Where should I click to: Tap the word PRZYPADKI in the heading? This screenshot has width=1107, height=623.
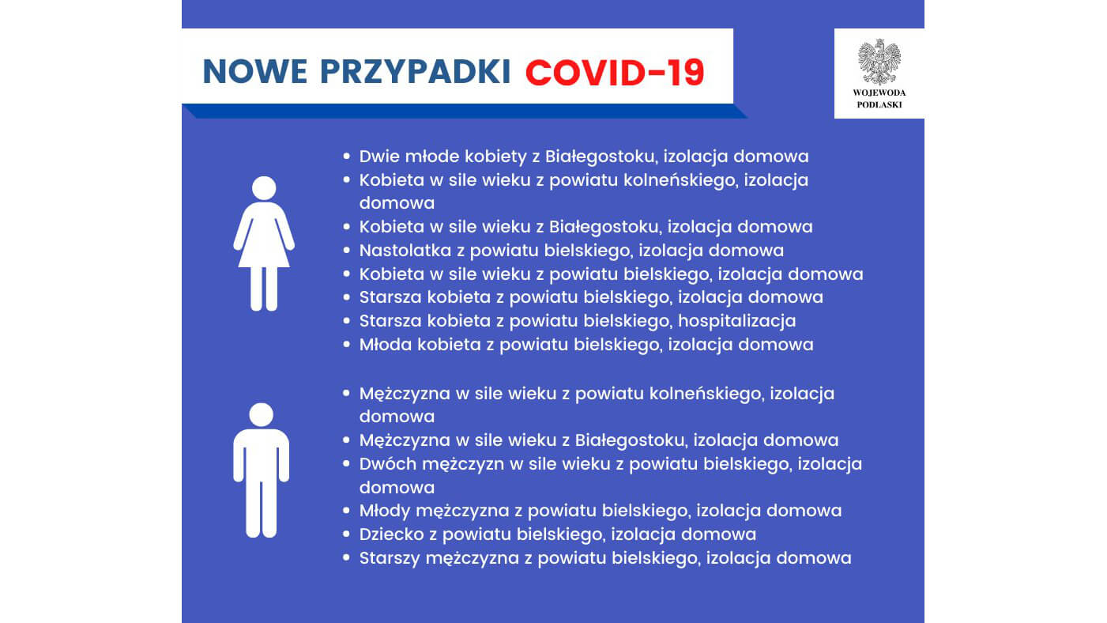[x=416, y=72]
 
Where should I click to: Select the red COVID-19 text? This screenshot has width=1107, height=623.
[x=614, y=72]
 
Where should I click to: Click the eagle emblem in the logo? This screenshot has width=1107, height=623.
[x=879, y=62]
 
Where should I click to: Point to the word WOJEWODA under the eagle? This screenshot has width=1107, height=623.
[x=879, y=93]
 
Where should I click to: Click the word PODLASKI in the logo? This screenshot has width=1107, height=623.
[x=879, y=104]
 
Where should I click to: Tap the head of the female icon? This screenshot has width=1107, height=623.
[x=264, y=188]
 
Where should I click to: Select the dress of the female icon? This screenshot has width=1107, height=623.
[x=264, y=237]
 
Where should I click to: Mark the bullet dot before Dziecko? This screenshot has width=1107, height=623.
[x=346, y=534]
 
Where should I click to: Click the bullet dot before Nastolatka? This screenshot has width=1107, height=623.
[x=346, y=251]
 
